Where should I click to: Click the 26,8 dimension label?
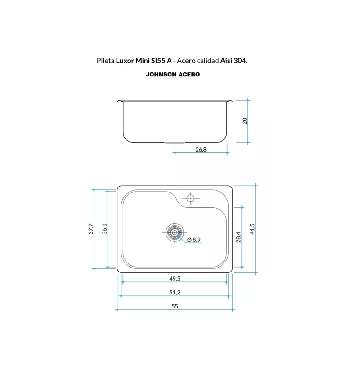201,150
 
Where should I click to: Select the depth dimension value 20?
245,121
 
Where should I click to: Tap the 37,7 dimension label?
91,229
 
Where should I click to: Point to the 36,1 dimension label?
104,229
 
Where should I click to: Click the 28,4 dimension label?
238,237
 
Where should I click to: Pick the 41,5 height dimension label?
252,229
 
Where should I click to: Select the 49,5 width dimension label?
175,278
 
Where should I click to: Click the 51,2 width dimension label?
175,293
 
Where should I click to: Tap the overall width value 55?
175,306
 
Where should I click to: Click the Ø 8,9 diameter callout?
194,240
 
